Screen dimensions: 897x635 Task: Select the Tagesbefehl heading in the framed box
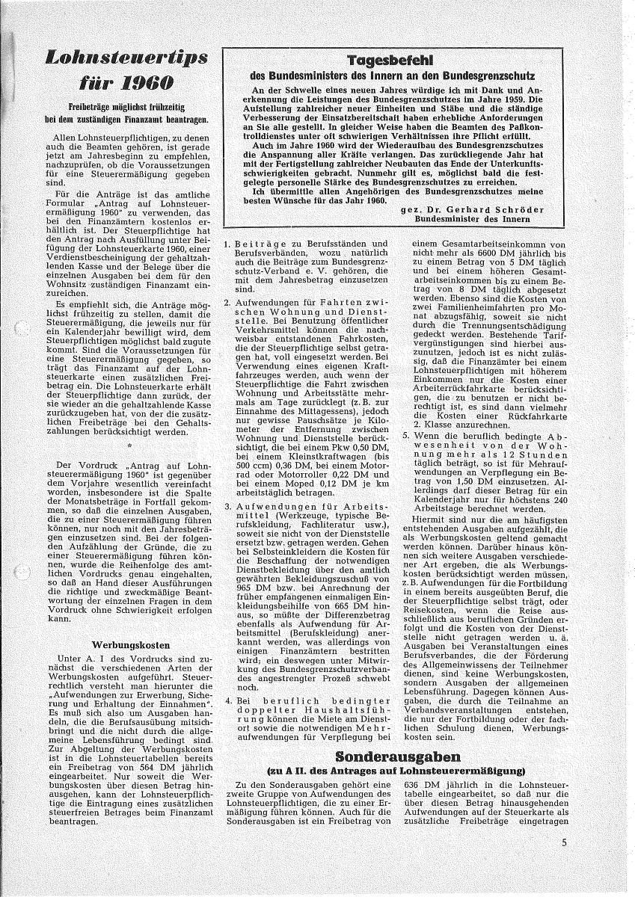[391, 61]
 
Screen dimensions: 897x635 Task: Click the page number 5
[565, 843]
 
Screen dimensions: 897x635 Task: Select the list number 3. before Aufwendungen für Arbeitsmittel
[227, 506]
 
